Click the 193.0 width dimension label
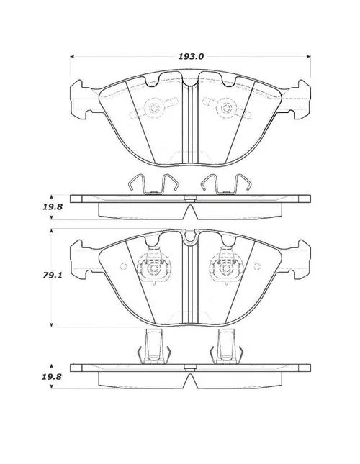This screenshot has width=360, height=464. [191, 57]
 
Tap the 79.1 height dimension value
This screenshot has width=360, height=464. [53, 276]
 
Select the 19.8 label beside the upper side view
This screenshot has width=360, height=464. [53, 206]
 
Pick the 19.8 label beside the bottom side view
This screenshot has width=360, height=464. [52, 377]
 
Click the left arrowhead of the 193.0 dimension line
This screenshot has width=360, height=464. [72, 57]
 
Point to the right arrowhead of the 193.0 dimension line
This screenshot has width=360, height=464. [308, 57]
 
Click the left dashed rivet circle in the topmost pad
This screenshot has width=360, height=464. [153, 108]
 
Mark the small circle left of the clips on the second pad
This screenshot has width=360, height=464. [123, 266]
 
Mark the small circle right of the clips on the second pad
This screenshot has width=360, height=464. [257, 266]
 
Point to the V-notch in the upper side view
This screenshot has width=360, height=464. [190, 211]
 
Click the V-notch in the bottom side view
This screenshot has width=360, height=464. [190, 381]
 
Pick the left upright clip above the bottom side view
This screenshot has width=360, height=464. [154, 346]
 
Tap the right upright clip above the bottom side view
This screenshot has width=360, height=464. [227, 346]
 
